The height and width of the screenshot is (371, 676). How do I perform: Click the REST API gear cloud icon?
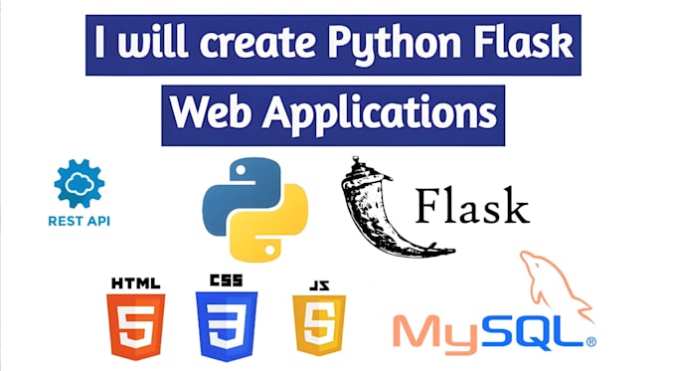click(x=80, y=185)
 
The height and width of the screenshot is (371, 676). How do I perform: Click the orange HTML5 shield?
click(x=136, y=325)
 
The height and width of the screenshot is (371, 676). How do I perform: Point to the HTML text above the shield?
click(x=136, y=281)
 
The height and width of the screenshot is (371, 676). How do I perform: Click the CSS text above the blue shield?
click(x=227, y=281)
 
